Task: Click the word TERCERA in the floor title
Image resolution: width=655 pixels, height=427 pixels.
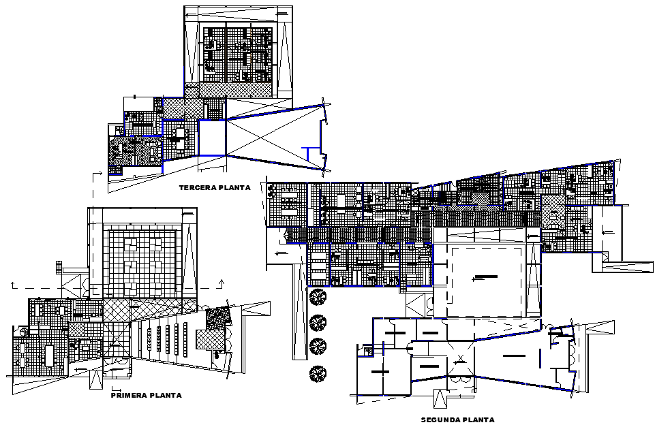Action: pos(194,187)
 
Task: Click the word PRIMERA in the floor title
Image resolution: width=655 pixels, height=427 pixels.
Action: pos(129,395)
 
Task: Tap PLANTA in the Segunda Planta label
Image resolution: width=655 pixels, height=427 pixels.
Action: pos(478,420)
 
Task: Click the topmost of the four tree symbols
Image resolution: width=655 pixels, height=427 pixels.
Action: pos(316,297)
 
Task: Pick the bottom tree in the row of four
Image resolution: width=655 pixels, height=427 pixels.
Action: pos(316,373)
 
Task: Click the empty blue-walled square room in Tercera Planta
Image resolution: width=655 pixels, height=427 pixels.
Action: pos(211,138)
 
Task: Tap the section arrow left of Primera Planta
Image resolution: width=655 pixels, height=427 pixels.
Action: pos(12,283)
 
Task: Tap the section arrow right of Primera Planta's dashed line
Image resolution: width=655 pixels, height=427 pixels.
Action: pos(223,283)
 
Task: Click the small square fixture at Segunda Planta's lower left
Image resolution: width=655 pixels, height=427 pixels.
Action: pos(368,352)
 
